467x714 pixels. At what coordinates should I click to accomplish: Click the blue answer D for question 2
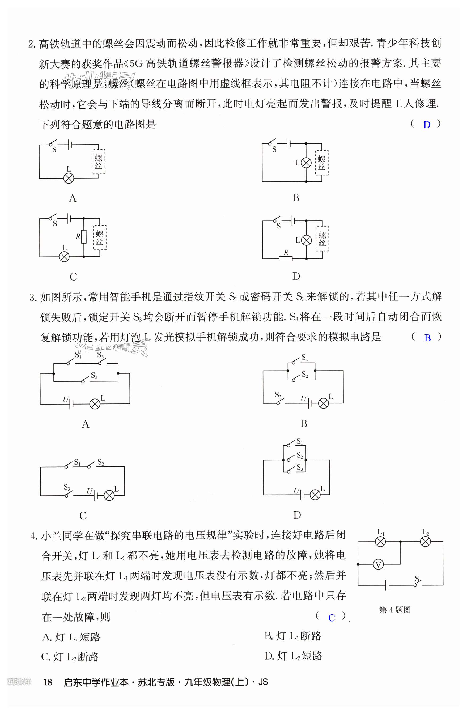click(427, 125)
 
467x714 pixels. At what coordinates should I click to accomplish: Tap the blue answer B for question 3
click(427, 338)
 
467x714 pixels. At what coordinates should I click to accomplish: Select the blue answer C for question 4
click(331, 618)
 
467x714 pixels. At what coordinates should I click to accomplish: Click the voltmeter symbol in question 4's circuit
click(378, 565)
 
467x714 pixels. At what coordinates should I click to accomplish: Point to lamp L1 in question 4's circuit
click(380, 542)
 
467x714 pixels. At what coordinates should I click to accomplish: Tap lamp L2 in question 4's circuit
click(425, 542)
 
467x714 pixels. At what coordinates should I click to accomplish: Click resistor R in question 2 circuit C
click(84, 237)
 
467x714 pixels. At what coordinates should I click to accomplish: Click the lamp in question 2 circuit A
click(69, 178)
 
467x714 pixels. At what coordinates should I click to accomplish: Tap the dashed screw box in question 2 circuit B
click(321, 163)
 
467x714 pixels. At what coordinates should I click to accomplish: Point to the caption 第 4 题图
click(395, 610)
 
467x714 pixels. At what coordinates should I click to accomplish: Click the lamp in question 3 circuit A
click(95, 404)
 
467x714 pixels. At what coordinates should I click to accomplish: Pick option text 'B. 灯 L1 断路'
click(293, 636)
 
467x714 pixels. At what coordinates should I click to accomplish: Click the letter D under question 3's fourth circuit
click(297, 515)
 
